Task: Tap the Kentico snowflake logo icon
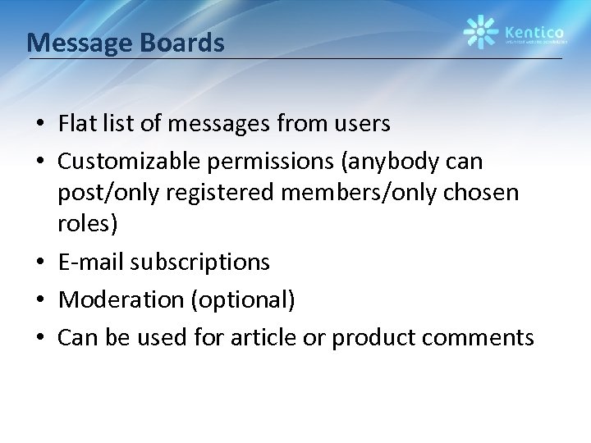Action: [480, 32]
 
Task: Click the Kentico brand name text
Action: [530, 26]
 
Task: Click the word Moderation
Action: [121, 299]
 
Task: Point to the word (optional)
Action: [242, 299]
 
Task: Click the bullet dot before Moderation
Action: [39, 300]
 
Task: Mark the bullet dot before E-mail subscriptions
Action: [39, 263]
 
